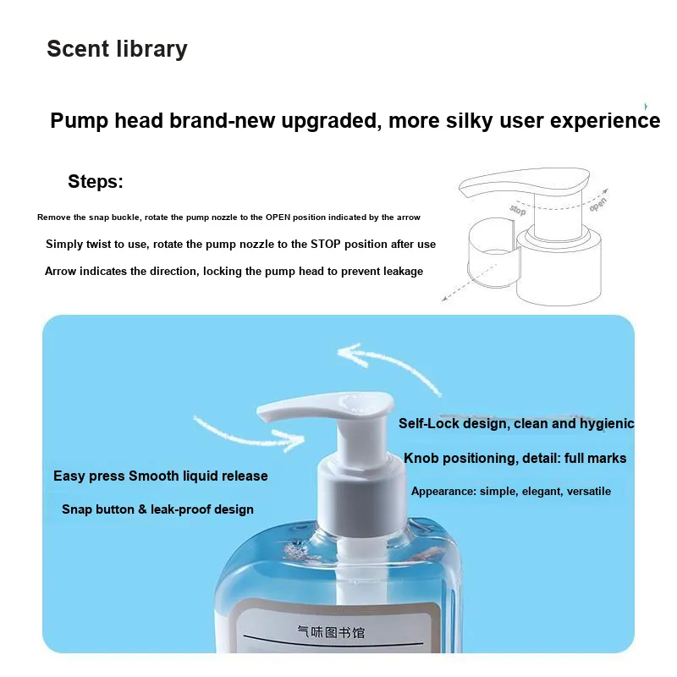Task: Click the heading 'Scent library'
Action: tap(117, 49)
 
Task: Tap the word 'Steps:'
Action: tap(96, 181)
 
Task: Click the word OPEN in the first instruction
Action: tap(278, 217)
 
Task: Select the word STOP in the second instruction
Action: tap(326, 244)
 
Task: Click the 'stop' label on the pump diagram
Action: tap(518, 210)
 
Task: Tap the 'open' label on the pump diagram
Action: tap(598, 204)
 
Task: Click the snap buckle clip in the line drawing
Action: tap(493, 252)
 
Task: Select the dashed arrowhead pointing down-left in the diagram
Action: tap(446, 298)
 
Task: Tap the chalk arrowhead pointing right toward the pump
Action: tap(290, 440)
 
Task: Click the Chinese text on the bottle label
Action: tap(331, 632)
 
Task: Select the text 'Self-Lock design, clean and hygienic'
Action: tap(516, 424)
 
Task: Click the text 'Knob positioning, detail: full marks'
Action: tap(515, 458)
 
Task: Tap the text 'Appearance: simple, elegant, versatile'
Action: tap(511, 492)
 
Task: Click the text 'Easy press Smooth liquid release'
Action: tap(161, 476)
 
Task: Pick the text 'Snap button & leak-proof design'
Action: tap(157, 509)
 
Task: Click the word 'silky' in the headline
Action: tap(470, 121)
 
